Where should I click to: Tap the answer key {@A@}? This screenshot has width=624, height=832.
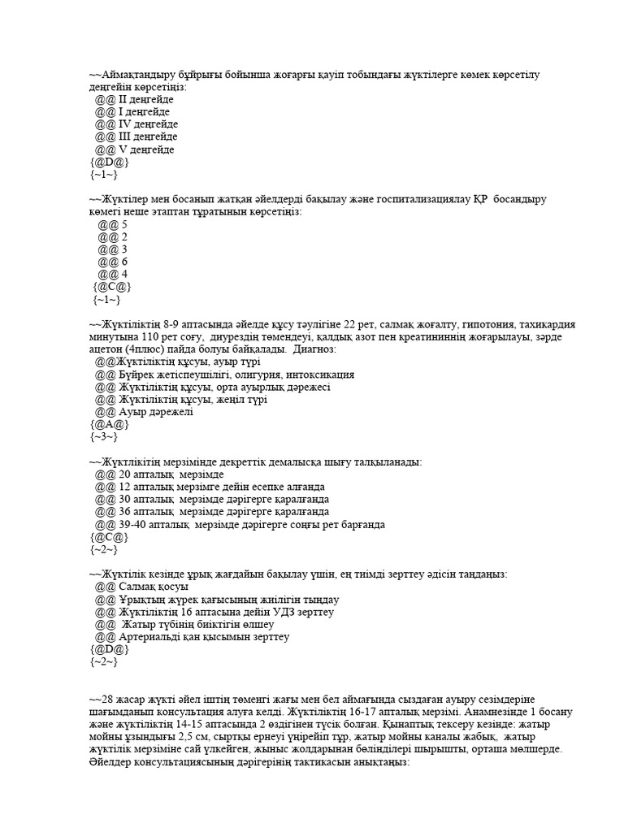pyautogui.click(x=109, y=425)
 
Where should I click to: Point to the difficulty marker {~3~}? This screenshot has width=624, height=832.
pyautogui.click(x=103, y=437)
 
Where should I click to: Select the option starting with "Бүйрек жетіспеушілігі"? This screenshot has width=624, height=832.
pyautogui.click(x=236, y=375)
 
